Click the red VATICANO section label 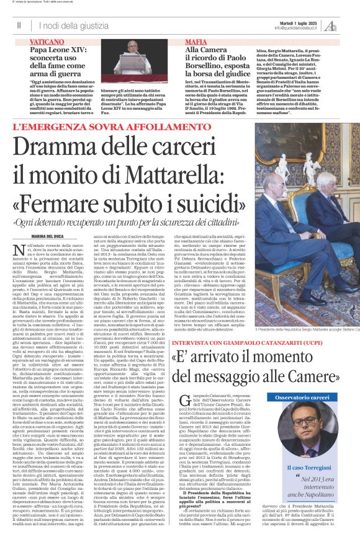point(46,40)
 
